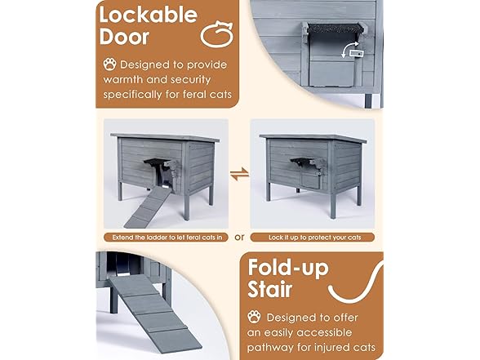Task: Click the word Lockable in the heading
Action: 148,16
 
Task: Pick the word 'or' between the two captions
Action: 239,238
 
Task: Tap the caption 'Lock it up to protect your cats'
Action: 313,238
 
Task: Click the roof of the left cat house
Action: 166,136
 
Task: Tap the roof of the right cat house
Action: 313,136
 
